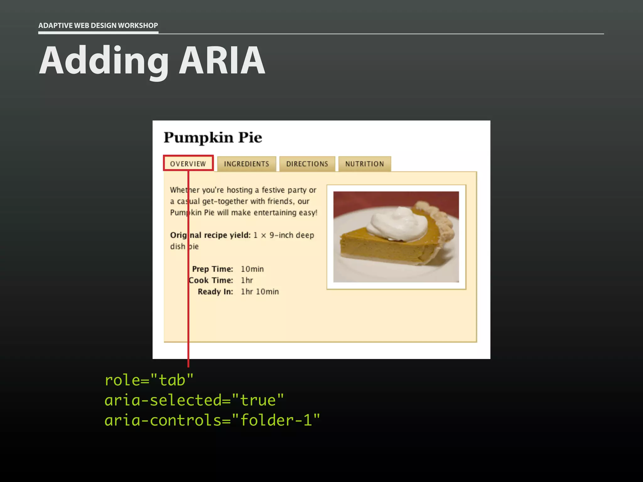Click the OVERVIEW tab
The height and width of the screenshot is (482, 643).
tap(188, 163)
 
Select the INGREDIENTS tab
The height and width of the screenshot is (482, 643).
tap(246, 164)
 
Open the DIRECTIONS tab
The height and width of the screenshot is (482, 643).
tap(307, 164)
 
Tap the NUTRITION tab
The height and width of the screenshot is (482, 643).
tap(365, 164)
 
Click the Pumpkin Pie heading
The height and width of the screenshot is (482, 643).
tap(213, 137)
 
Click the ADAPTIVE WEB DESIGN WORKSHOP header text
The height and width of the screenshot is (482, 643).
tap(98, 25)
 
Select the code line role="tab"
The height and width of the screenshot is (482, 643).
tap(149, 380)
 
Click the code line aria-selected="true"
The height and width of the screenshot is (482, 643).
tap(194, 400)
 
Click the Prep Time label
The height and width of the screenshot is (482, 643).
tap(213, 269)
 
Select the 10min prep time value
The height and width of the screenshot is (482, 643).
tap(252, 269)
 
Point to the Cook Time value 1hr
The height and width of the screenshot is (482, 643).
tap(247, 280)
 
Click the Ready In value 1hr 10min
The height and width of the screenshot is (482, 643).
tap(260, 292)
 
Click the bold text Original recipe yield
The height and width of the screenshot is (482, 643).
tap(210, 235)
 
